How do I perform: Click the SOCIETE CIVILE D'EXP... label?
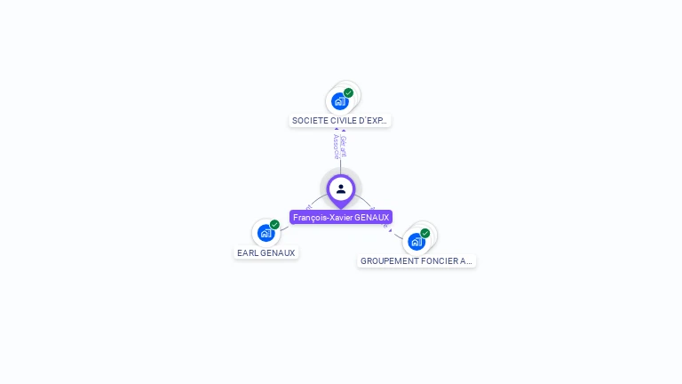click(340, 120)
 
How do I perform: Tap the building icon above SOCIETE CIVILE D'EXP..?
click(339, 101)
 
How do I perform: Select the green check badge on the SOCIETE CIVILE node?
click(348, 92)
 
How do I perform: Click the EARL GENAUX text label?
click(266, 252)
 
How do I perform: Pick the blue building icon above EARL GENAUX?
click(265, 233)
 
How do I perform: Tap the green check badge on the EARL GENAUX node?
click(274, 225)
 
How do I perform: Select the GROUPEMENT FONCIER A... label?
click(416, 261)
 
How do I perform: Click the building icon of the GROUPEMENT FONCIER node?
click(416, 241)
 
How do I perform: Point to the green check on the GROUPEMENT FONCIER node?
click(424, 233)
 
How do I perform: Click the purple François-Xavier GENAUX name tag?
click(341, 217)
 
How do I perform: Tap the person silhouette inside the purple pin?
click(341, 188)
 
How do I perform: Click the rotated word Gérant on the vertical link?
click(345, 145)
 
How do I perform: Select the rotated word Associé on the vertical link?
click(336, 146)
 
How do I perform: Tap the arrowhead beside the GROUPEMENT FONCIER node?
click(389, 228)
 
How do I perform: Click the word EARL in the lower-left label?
click(246, 252)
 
